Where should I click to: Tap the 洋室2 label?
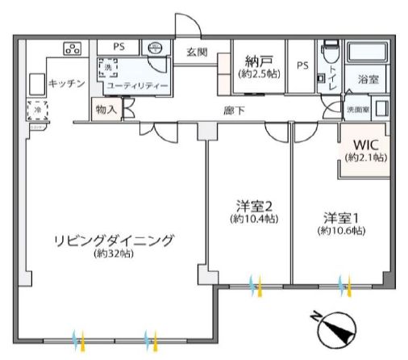click(253, 205)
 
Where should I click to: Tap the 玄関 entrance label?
click(198, 53)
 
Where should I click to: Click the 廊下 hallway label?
click(235, 111)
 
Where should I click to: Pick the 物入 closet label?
click(105, 107)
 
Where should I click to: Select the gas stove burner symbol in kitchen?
click(73, 48)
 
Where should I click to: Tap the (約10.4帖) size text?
click(253, 219)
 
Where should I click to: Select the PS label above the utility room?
click(119, 47)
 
